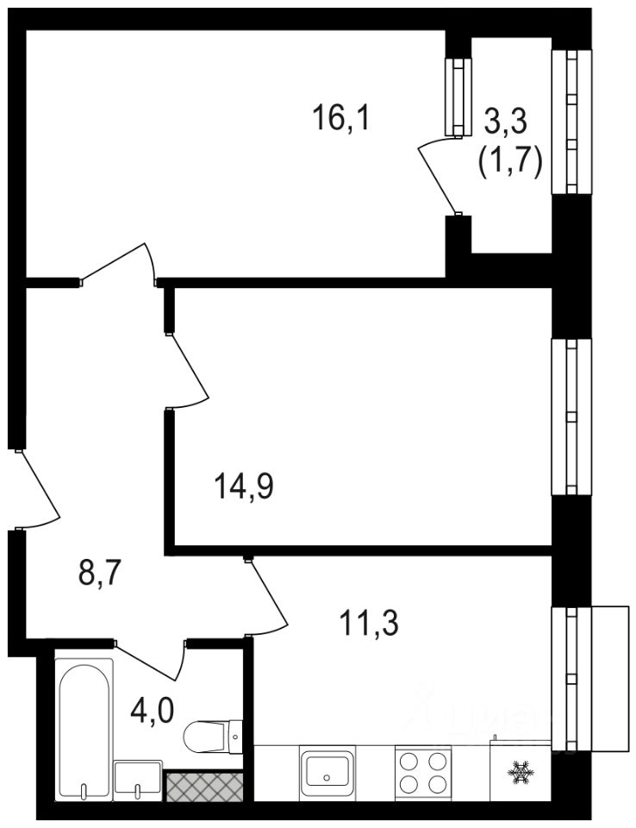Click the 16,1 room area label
[x=341, y=117]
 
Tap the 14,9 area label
[x=244, y=486]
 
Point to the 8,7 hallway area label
[x=100, y=573]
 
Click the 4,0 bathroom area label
[x=152, y=710]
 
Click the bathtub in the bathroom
[x=84, y=730]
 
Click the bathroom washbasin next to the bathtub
[x=138, y=781]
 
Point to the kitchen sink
[x=327, y=769]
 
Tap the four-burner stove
[x=423, y=770]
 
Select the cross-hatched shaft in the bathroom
[x=204, y=787]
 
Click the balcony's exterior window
[x=571, y=122]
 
